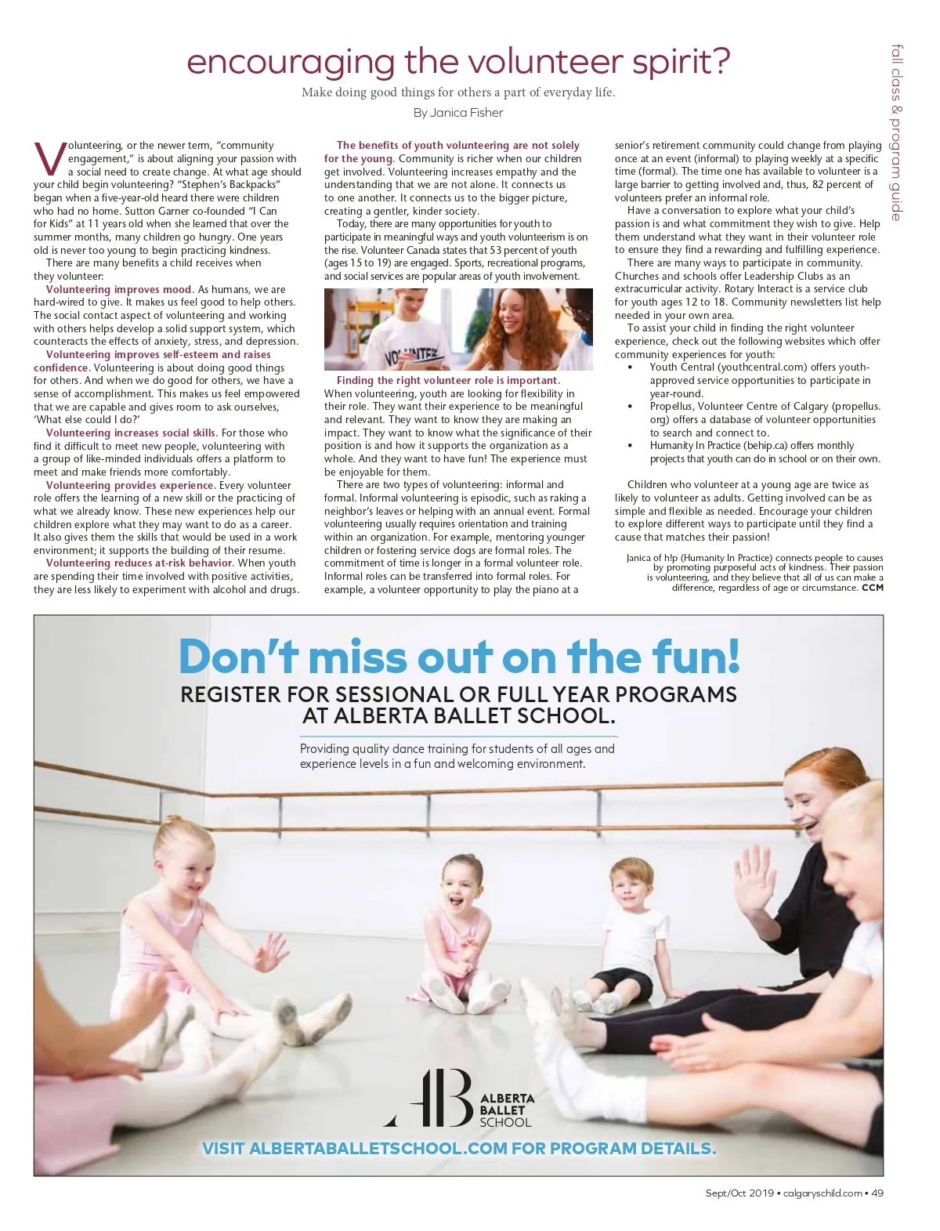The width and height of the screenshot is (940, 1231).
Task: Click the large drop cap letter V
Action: [x=49, y=158]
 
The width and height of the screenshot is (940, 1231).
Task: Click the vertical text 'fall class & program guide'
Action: [x=897, y=133]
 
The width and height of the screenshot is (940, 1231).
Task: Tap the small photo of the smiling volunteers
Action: [x=458, y=329]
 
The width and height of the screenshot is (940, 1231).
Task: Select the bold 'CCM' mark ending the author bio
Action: [x=872, y=587]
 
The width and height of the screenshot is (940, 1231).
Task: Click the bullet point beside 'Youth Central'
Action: [x=631, y=367]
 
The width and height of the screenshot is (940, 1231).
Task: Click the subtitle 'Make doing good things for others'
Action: [x=458, y=92]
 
